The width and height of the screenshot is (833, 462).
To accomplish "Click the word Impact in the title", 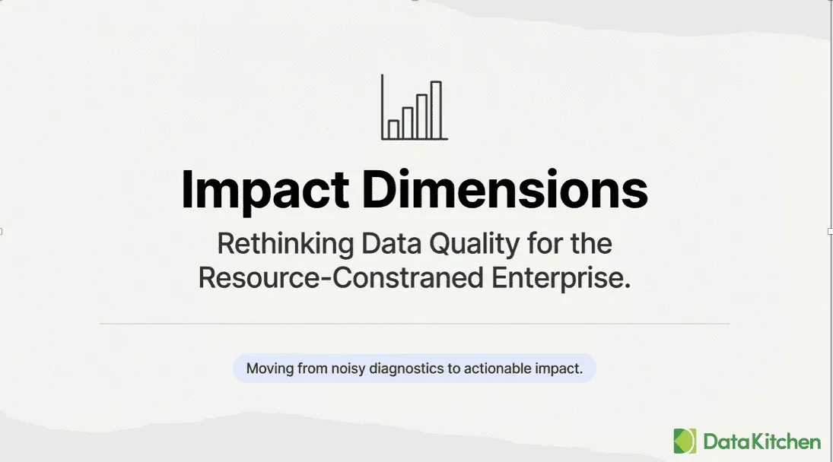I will pyautogui.click(x=265, y=190).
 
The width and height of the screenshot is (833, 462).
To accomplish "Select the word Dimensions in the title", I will pyautogui.click(x=505, y=190).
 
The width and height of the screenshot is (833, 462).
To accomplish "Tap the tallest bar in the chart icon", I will pyautogui.click(x=436, y=110).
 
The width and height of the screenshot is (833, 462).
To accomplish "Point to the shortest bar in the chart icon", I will pyautogui.click(x=393, y=129).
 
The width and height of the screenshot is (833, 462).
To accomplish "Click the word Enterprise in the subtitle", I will pyautogui.click(x=561, y=278).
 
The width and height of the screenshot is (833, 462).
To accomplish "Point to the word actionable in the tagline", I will pyautogui.click(x=501, y=369).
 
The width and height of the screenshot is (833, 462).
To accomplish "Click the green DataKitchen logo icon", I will pyautogui.click(x=685, y=441).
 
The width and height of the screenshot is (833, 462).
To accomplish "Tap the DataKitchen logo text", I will pyautogui.click(x=761, y=441).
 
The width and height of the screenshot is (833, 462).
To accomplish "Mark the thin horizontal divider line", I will pyautogui.click(x=415, y=324).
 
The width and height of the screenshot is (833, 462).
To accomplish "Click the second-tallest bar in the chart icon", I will pyautogui.click(x=421, y=116).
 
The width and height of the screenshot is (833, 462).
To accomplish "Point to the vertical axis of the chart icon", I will pyautogui.click(x=382, y=106).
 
